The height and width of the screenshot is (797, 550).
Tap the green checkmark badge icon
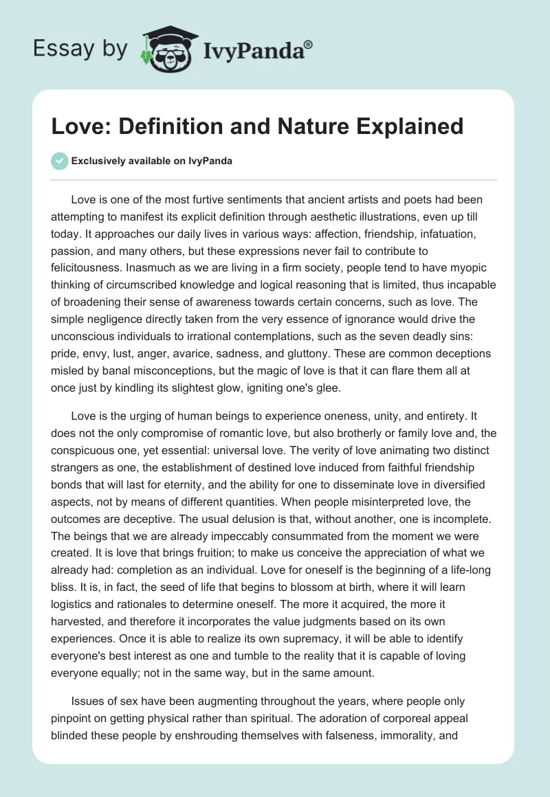[59, 161]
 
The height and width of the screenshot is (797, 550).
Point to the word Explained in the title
[410, 126]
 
